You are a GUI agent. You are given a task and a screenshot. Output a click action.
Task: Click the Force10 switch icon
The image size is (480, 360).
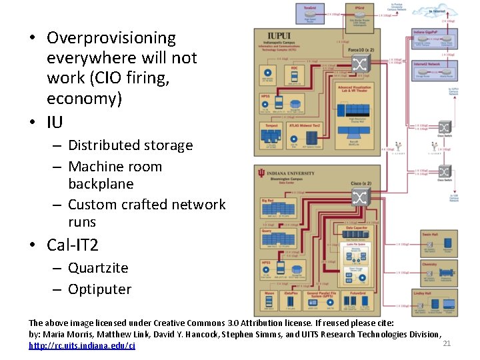click(x=360, y=64)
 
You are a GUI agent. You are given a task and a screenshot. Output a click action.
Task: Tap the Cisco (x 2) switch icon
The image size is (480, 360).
click(x=360, y=197)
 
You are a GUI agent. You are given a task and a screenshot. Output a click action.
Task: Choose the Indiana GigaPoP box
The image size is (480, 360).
click(x=435, y=41)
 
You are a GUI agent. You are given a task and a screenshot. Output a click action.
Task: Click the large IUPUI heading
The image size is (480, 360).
click(x=279, y=37)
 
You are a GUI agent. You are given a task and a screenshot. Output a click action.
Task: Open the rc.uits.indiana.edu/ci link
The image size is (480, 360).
click(x=82, y=345)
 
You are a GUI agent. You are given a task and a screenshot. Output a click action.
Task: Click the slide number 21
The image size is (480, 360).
click(x=447, y=343)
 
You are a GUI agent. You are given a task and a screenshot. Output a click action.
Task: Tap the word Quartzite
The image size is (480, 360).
click(x=98, y=268)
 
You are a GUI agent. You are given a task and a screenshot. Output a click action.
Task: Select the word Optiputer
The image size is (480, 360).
click(x=100, y=289)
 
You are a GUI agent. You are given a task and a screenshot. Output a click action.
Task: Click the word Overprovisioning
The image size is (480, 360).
click(x=111, y=39)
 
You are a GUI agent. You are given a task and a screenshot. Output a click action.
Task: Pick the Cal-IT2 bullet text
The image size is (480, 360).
click(x=72, y=245)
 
